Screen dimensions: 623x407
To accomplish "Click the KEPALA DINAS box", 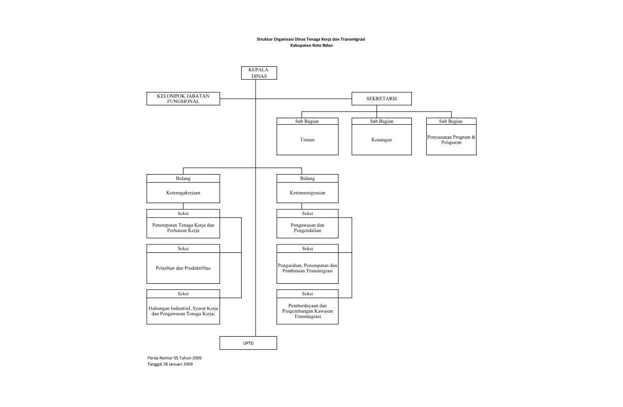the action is [x=259, y=73].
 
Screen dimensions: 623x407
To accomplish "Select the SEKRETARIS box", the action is [x=381, y=99].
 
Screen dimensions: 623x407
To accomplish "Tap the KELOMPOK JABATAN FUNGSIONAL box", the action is [x=183, y=99].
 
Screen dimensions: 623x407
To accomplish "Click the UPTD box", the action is [x=248, y=343].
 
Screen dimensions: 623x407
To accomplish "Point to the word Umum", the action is [x=308, y=140].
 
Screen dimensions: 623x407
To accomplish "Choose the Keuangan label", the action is [x=381, y=140].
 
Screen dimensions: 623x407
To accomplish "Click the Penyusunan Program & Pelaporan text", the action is [x=451, y=140].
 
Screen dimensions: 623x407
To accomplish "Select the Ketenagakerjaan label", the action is [x=183, y=193].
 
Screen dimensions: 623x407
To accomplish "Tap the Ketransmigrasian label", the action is [x=308, y=193].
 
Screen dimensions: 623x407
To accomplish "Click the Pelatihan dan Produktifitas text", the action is [x=183, y=268].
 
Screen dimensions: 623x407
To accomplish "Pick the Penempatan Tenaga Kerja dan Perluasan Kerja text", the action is [x=183, y=228].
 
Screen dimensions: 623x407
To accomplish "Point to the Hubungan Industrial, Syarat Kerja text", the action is [x=183, y=308].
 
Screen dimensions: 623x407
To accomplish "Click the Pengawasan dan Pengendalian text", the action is [x=308, y=228].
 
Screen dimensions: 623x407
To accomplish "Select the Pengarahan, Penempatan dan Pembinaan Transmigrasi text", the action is [x=308, y=268].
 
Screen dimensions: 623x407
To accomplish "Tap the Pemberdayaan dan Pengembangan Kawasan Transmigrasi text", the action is [x=308, y=311].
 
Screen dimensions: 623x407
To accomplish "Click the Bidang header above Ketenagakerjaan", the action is [x=183, y=179].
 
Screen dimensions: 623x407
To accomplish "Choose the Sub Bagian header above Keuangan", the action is [x=381, y=121].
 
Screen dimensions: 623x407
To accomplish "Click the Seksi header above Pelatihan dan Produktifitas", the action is [x=183, y=249].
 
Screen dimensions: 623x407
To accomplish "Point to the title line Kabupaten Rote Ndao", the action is [x=311, y=45].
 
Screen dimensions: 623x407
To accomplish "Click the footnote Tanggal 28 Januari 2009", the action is [x=170, y=364].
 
